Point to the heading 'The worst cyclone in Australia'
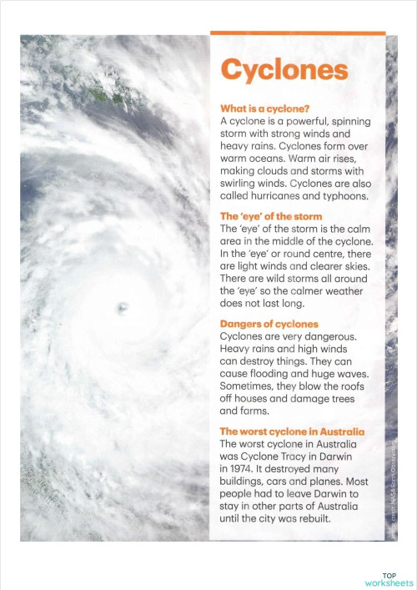coord(292,431)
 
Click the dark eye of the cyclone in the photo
coord(124,310)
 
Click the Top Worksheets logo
coord(389,579)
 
